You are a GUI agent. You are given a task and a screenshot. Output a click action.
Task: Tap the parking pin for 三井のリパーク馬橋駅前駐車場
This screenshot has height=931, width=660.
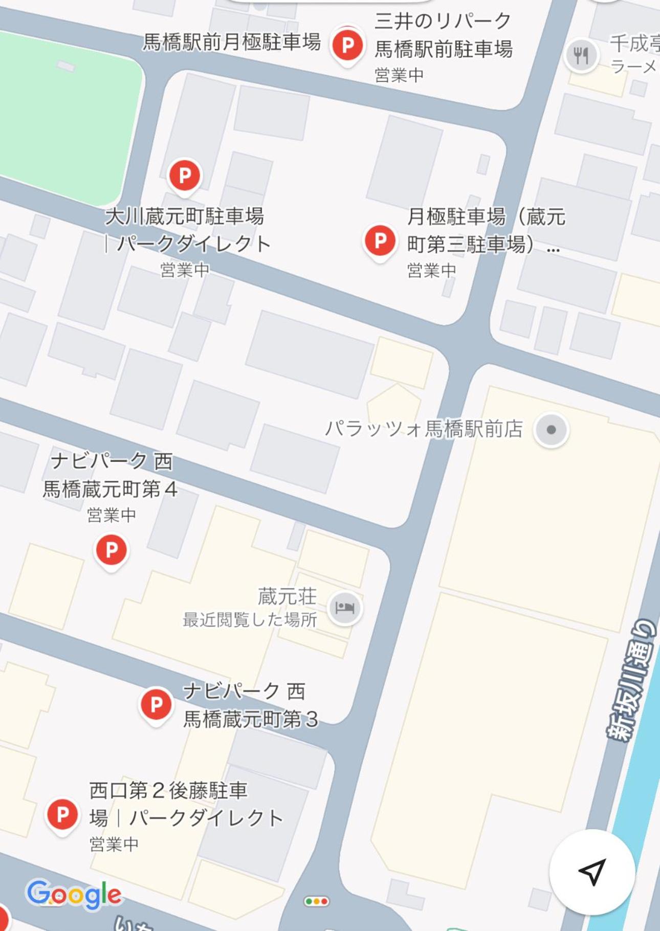tap(348, 45)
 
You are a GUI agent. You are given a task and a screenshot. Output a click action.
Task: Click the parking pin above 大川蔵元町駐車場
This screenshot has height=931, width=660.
tap(185, 176)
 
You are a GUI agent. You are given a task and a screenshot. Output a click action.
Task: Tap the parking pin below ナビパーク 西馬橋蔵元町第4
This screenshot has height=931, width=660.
tap(112, 550)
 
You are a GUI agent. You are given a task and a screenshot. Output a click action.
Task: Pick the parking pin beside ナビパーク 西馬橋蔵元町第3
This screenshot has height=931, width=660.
tap(156, 705)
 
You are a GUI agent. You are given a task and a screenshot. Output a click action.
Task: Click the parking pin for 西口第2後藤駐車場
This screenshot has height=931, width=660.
tap(62, 814)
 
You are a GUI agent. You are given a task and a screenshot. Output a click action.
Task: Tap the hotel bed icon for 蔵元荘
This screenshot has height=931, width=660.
tap(345, 608)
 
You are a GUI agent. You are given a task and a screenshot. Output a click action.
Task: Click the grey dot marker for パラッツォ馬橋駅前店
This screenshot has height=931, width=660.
tap(551, 430)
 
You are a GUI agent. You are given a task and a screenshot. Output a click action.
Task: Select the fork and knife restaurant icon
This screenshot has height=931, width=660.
tap(581, 55)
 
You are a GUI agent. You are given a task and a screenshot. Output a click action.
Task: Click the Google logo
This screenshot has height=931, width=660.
tap(74, 894)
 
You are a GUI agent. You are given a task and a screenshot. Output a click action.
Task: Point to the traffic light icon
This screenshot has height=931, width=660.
tap(317, 901)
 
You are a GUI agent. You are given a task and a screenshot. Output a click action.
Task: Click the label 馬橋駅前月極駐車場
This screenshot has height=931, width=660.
tap(231, 42)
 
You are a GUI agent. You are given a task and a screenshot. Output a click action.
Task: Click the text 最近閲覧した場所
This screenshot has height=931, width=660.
tap(250, 620)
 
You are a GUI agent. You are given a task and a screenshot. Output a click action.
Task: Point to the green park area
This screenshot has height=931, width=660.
tap(67, 118)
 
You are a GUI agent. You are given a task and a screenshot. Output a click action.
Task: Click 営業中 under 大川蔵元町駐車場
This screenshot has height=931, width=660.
tap(185, 270)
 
